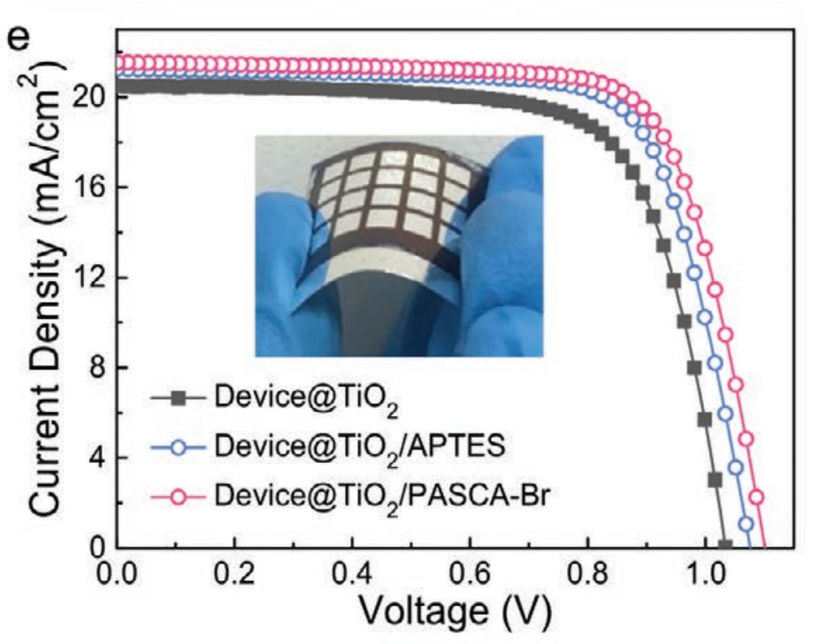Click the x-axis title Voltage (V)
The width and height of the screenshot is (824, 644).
(x=454, y=615)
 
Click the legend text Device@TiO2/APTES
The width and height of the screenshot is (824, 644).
(x=359, y=447)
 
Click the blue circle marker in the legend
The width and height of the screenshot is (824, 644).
(x=178, y=447)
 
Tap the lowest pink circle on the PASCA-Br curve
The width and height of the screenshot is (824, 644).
(x=756, y=497)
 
